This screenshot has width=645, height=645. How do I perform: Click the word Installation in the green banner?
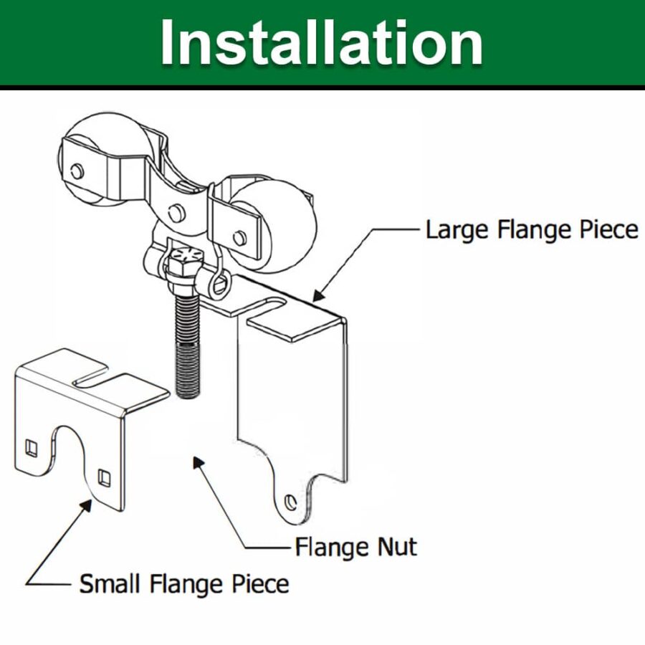[x=321, y=43]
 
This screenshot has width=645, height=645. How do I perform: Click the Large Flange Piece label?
[x=531, y=230]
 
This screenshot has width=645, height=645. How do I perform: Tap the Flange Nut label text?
[x=355, y=548]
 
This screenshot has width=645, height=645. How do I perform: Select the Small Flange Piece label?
[x=184, y=583]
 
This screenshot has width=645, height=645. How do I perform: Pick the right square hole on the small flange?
[x=104, y=476]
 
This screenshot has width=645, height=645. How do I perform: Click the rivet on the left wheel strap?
[x=77, y=171]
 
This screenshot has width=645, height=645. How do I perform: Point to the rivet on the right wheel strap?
[x=239, y=236]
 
